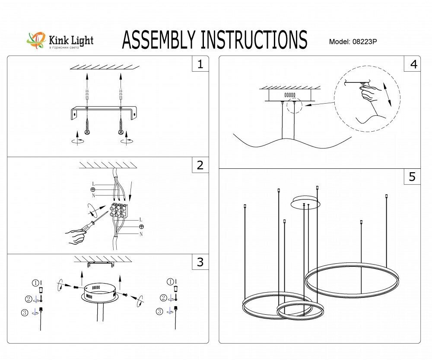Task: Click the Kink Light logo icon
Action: pos(36,41)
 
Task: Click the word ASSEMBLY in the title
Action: pos(160,40)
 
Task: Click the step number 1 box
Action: pos(200,64)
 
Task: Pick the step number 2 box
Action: pos(200,165)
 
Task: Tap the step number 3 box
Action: pos(200,262)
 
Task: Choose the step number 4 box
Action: pos(413,64)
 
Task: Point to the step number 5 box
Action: pos(413,177)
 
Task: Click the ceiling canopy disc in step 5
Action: pos(305,202)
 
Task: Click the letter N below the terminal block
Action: pos(141,234)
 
